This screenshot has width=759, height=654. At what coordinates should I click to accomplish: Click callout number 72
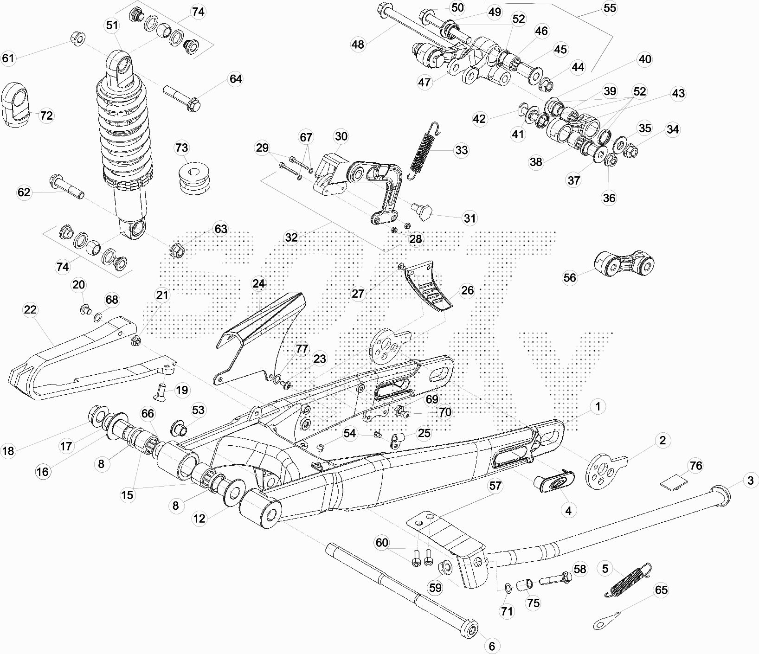(x=46, y=115)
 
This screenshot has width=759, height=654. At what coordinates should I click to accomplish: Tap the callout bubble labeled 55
(x=610, y=8)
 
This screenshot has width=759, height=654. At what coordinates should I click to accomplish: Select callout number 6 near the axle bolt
(x=492, y=645)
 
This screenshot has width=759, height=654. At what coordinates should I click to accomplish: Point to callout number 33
(x=461, y=150)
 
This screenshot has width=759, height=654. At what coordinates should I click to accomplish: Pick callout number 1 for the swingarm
(x=598, y=407)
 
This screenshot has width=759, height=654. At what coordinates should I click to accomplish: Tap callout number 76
(x=696, y=465)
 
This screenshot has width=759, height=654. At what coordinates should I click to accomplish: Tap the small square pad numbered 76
(x=675, y=481)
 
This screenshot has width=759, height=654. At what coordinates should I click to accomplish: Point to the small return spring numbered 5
(x=629, y=579)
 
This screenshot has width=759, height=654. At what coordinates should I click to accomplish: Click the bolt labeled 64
(x=181, y=97)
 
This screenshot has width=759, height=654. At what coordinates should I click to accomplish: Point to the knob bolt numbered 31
(x=422, y=212)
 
